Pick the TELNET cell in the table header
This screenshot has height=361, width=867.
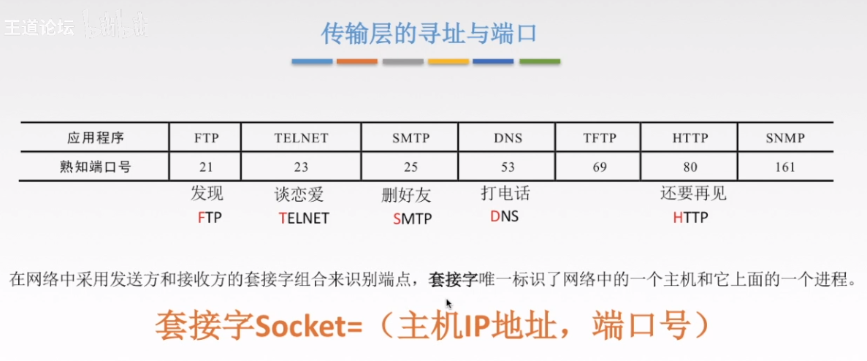click(301, 137)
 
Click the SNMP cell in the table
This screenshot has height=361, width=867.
click(785, 137)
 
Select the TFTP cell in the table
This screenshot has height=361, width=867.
click(599, 137)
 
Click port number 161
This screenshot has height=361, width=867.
click(785, 167)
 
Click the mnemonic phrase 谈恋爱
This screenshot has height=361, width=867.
click(298, 194)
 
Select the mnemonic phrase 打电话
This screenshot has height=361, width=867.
click(505, 194)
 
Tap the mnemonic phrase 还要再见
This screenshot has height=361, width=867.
click(693, 194)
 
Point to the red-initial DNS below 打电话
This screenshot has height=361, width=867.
click(505, 216)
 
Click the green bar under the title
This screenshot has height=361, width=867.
click(539, 62)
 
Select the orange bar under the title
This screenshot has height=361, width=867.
click(357, 62)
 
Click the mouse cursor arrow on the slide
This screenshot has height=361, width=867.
click(449, 303)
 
